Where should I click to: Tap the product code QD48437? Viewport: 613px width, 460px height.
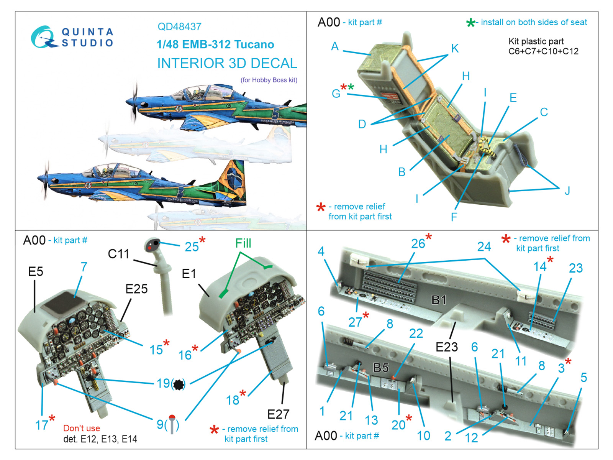(179, 27)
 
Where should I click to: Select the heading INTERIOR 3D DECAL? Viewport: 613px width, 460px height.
(227, 63)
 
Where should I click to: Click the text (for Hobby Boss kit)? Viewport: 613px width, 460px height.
(269, 80)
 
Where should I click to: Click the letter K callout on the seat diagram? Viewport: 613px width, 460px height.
(455, 48)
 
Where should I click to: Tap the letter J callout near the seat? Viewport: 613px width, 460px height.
(567, 191)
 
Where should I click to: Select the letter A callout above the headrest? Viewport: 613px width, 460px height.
(335, 46)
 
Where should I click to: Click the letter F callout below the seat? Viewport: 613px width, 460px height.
(454, 217)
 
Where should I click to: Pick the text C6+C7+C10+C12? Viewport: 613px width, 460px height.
(543, 51)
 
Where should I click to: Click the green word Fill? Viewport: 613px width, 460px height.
(243, 243)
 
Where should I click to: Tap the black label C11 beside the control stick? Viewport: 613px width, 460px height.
(118, 254)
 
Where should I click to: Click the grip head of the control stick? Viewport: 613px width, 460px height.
(153, 245)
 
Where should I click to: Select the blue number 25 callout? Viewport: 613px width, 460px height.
(192, 247)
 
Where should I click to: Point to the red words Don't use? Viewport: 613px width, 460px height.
(82, 428)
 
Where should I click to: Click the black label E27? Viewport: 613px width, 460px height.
(278, 414)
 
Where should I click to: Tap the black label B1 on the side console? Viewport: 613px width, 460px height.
(439, 300)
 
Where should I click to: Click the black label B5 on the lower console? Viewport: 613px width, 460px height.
(381, 368)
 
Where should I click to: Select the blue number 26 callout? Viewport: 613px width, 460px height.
(418, 243)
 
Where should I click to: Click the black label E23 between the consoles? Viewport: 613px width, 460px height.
(447, 347)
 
